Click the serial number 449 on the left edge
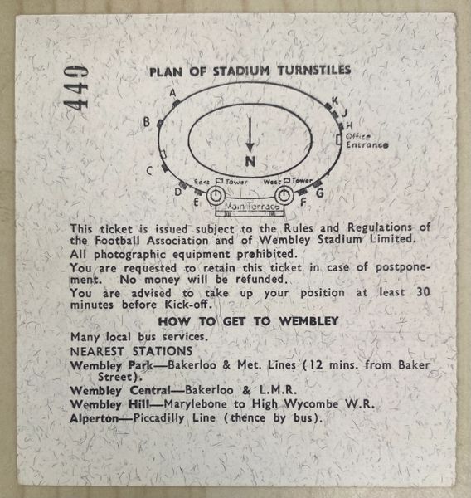[76, 88]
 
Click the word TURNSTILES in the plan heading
[314, 71]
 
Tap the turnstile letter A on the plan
[172, 93]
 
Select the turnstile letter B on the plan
[147, 122]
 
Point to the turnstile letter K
[335, 101]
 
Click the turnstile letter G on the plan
[320, 193]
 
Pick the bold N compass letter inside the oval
[250, 162]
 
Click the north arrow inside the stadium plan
[250, 134]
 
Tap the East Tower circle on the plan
[216, 195]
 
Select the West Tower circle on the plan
[284, 195]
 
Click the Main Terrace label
[252, 207]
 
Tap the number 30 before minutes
[423, 291]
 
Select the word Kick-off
[187, 305]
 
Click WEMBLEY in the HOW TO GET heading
[308, 321]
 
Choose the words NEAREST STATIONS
[131, 351]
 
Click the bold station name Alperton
[94, 418]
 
